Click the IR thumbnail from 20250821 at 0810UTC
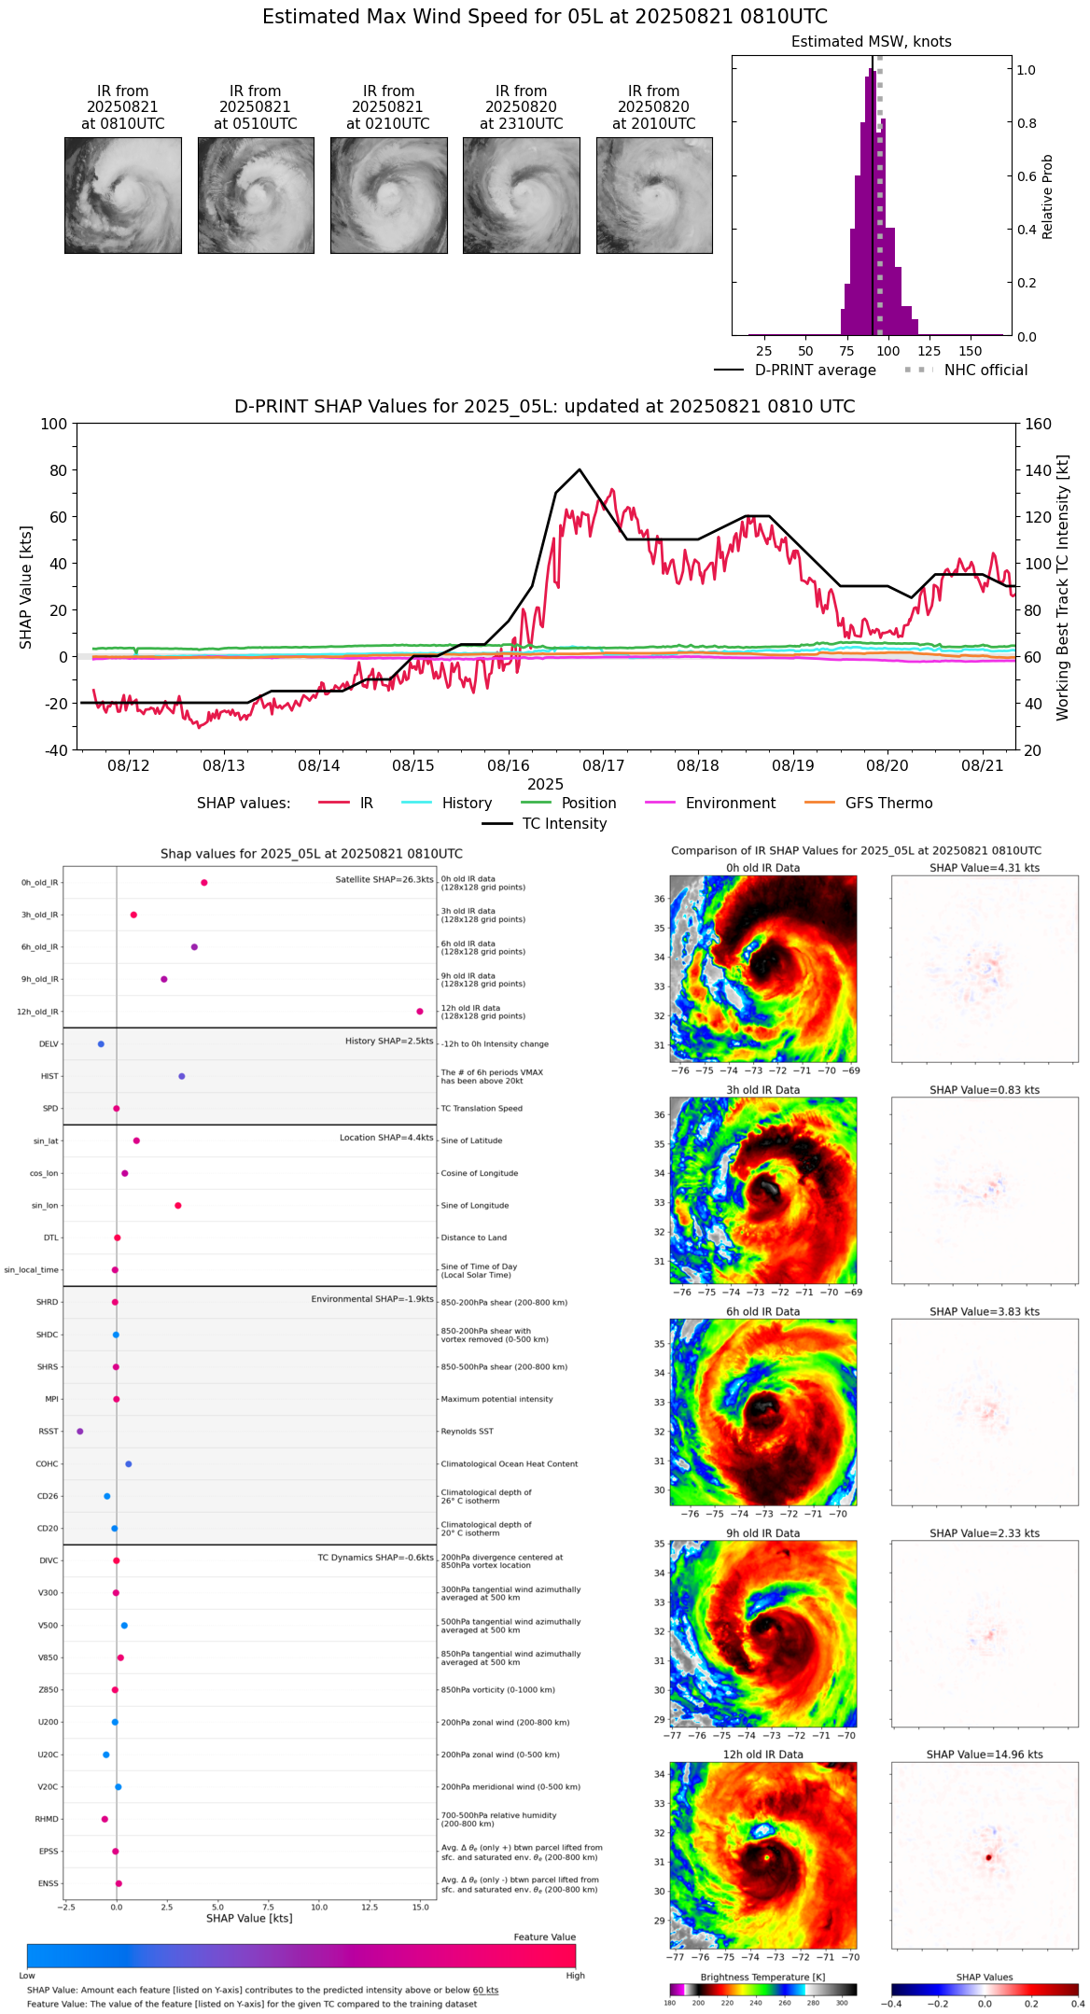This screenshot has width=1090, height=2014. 122,195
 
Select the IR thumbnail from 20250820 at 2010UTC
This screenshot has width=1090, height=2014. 654,195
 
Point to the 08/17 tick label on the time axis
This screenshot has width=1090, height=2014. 603,766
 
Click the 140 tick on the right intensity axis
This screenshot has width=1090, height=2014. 1038,470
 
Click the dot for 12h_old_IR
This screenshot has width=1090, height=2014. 420,1012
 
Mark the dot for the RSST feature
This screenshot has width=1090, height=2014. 80,1432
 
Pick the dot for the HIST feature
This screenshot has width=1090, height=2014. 182,1076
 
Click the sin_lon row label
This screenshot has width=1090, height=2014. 45,1206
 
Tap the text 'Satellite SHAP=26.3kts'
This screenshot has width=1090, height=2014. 384,880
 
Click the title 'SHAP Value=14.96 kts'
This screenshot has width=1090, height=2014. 985,1755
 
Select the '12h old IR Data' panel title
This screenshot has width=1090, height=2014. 762,1755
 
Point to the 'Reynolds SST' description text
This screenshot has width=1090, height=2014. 467,1432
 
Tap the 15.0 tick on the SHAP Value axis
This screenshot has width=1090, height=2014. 420,1907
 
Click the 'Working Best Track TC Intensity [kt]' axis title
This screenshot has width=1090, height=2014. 1063,588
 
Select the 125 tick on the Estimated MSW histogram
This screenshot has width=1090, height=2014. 929,352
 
